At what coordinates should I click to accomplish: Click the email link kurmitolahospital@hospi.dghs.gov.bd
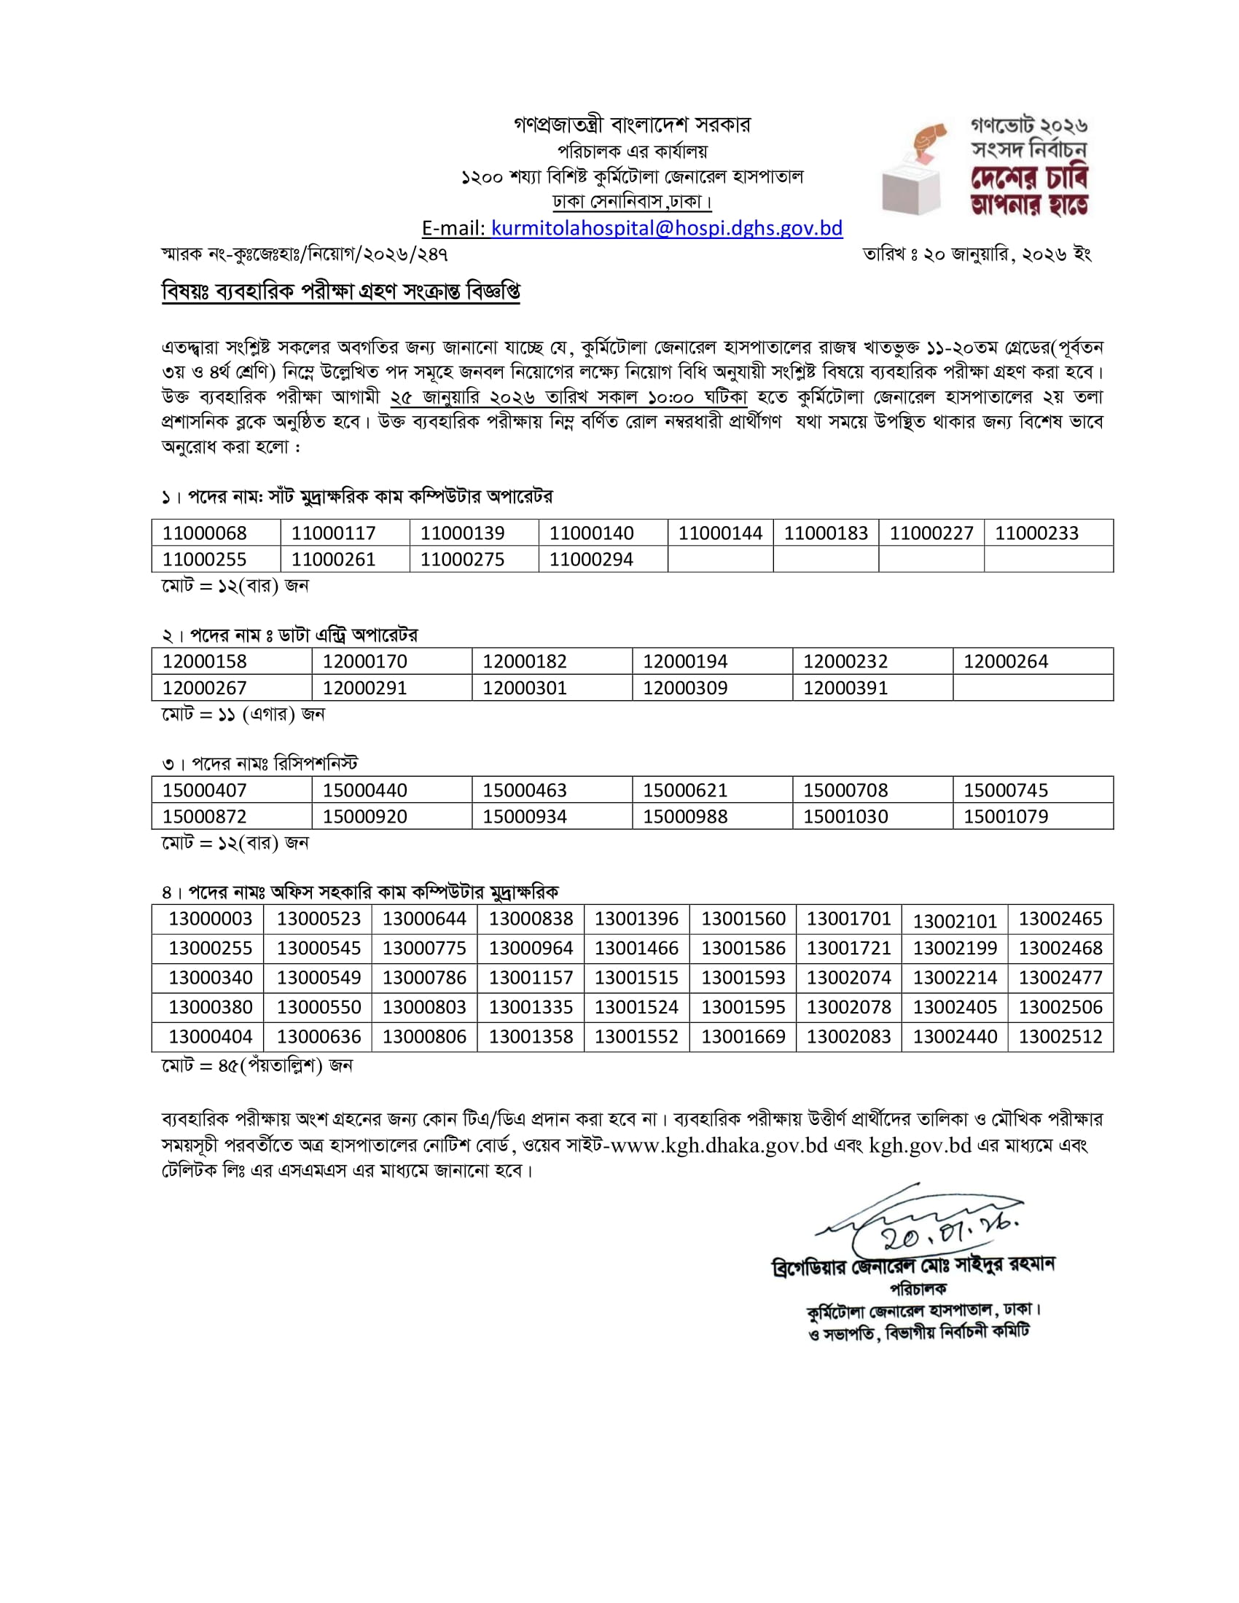click(x=666, y=228)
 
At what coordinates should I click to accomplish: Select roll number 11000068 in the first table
click(x=204, y=533)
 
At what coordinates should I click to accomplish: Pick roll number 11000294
click(x=591, y=560)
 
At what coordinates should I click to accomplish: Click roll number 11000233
click(x=1036, y=533)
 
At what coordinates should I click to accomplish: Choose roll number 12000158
click(x=204, y=662)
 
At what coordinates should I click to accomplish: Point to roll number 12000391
click(x=845, y=688)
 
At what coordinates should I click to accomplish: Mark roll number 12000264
click(x=1006, y=662)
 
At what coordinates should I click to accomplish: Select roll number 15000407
click(x=204, y=791)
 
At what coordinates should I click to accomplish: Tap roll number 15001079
click(x=1006, y=816)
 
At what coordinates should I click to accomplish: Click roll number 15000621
click(x=685, y=791)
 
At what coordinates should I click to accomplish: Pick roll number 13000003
click(x=210, y=919)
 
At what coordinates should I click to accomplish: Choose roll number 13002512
click(x=1060, y=1036)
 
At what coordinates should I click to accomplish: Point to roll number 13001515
click(x=636, y=978)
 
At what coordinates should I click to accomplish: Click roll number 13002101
click(x=954, y=921)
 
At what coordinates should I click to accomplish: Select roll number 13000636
click(x=318, y=1036)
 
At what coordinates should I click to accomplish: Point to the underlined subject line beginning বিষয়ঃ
click(x=340, y=291)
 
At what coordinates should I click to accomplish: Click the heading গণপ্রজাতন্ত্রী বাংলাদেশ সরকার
click(x=632, y=125)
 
